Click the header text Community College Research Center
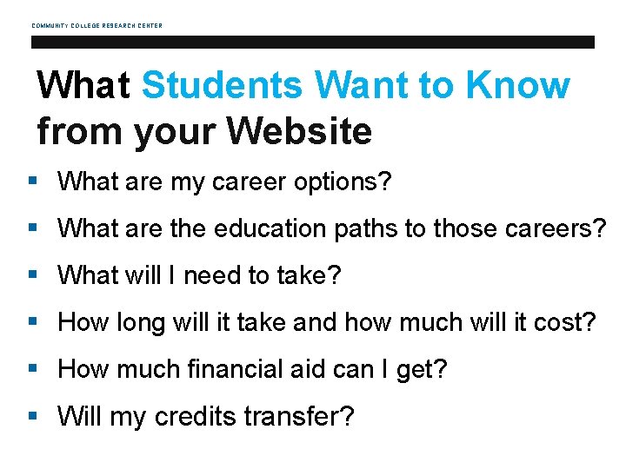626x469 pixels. (97, 25)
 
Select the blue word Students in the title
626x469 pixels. (223, 85)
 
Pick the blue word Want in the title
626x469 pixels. (376, 85)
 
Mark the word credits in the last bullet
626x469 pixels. (195, 417)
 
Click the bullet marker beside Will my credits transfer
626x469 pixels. (32, 416)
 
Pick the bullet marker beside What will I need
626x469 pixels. (32, 275)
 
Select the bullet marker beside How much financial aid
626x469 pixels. (32, 369)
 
